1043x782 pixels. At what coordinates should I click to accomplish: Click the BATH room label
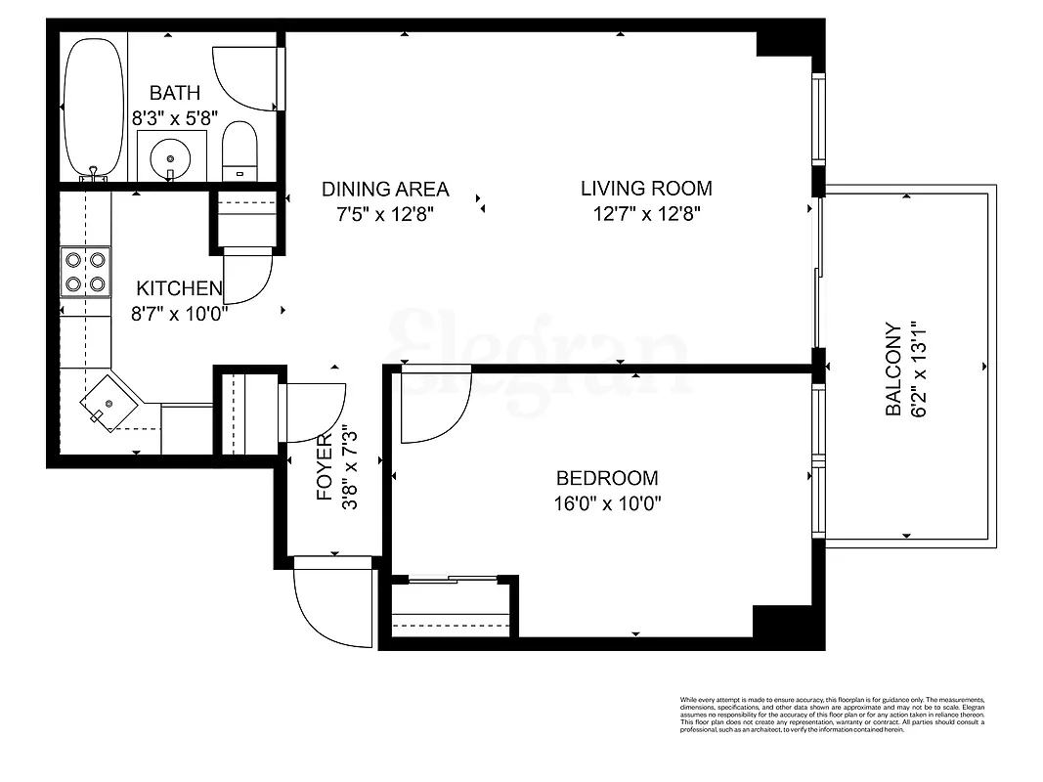175,94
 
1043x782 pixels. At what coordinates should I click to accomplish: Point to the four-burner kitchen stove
85,272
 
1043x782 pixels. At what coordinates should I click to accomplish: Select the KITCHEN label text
179,288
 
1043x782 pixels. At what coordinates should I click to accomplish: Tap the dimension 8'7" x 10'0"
179,315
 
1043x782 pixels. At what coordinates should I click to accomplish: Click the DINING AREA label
385,189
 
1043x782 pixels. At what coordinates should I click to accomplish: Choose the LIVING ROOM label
646,188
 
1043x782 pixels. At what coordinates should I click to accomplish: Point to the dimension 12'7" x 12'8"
646,213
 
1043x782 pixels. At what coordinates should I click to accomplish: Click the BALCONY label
892,370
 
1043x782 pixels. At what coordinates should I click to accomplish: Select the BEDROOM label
606,478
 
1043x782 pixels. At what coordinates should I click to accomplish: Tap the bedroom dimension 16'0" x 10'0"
606,504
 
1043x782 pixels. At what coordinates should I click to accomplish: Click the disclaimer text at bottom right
831,715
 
